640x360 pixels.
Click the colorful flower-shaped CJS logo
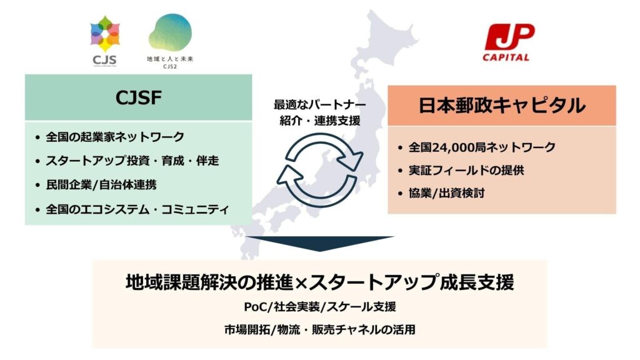tap(105, 34)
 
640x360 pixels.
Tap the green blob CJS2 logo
tap(170, 32)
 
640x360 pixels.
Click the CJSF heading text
tap(138, 97)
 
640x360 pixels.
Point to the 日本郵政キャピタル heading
tap(502, 105)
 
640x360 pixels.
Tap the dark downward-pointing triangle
tap(320, 244)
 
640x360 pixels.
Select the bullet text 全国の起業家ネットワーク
tap(115, 137)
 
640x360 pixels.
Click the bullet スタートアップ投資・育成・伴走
tap(132, 161)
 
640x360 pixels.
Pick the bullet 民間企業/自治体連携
tap(101, 185)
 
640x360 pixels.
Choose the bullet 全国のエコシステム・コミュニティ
tap(137, 209)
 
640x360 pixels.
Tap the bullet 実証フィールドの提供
tap(466, 170)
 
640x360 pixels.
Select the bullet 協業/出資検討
tap(446, 193)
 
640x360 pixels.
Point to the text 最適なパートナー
tap(319, 105)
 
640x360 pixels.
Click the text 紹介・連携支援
tap(320, 121)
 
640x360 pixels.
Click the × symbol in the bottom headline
tap(301, 283)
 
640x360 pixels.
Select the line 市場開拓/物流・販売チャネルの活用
tap(319, 329)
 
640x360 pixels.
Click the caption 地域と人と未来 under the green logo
tap(170, 59)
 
